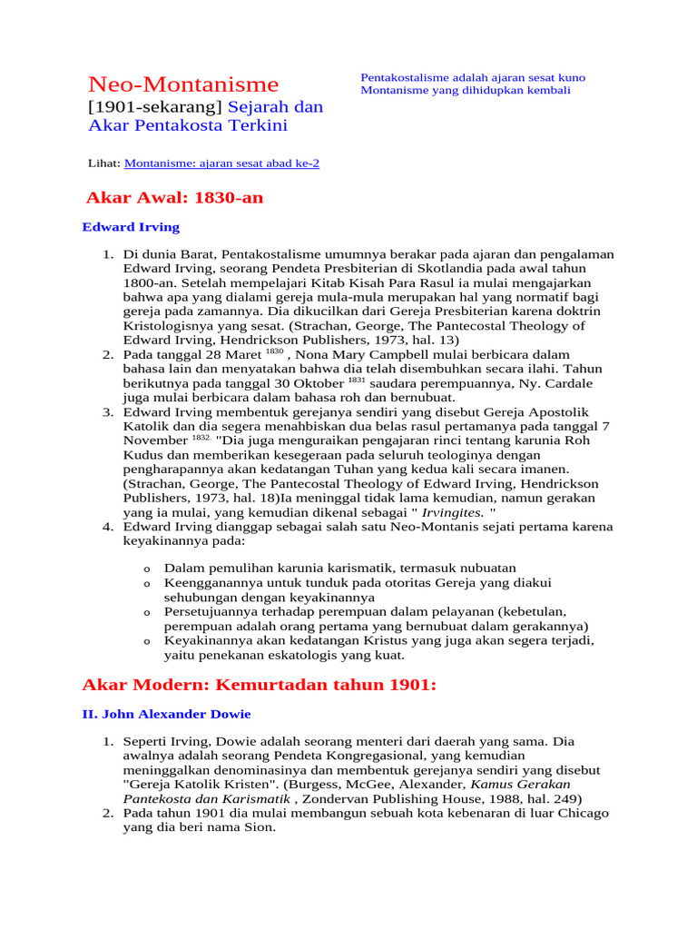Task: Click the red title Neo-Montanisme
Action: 183,85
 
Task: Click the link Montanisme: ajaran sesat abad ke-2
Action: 221,163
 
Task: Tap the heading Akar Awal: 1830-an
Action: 174,198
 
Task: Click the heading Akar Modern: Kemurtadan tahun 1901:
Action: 260,685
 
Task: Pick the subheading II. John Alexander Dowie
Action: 166,715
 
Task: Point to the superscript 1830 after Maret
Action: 275,351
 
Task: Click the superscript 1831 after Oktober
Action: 356,381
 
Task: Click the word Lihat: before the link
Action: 104,163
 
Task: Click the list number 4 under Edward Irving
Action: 106,527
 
